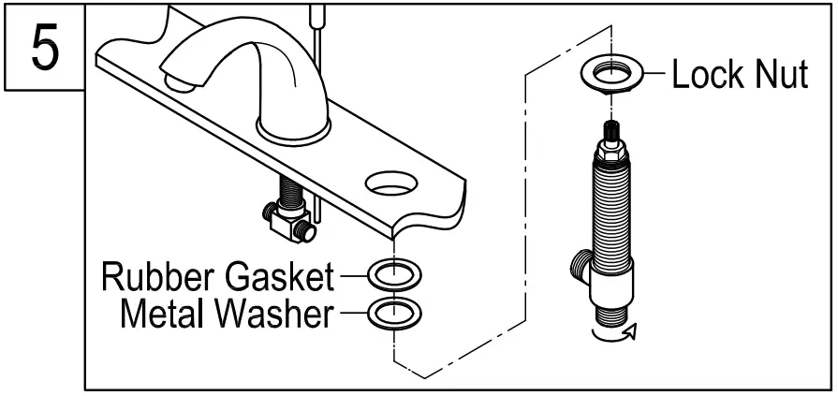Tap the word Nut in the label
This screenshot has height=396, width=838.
click(x=781, y=75)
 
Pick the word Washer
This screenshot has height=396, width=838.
click(x=273, y=315)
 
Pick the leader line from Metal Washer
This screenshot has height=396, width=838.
click(x=352, y=315)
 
